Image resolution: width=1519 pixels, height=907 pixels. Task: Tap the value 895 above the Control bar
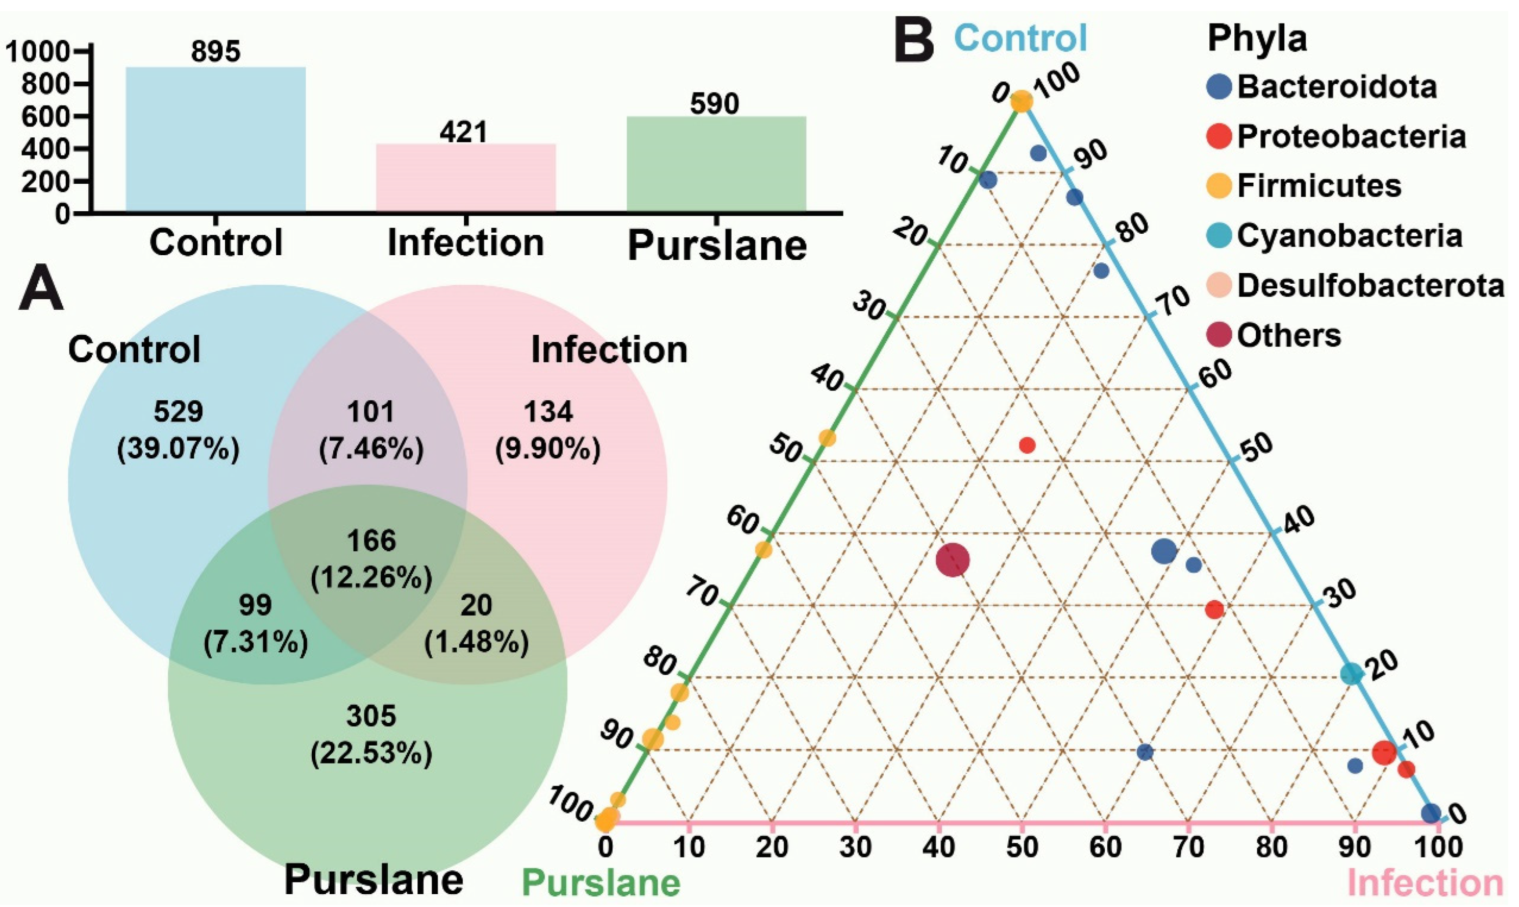point(216,52)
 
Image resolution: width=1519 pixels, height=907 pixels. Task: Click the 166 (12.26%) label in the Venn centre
point(371,558)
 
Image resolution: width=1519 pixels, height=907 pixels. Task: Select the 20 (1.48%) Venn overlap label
point(477,623)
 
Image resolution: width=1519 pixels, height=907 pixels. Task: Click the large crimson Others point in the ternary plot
point(953,560)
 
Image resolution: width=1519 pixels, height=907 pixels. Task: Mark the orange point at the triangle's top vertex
point(1022,101)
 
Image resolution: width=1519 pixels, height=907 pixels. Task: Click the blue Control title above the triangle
point(1020,38)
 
